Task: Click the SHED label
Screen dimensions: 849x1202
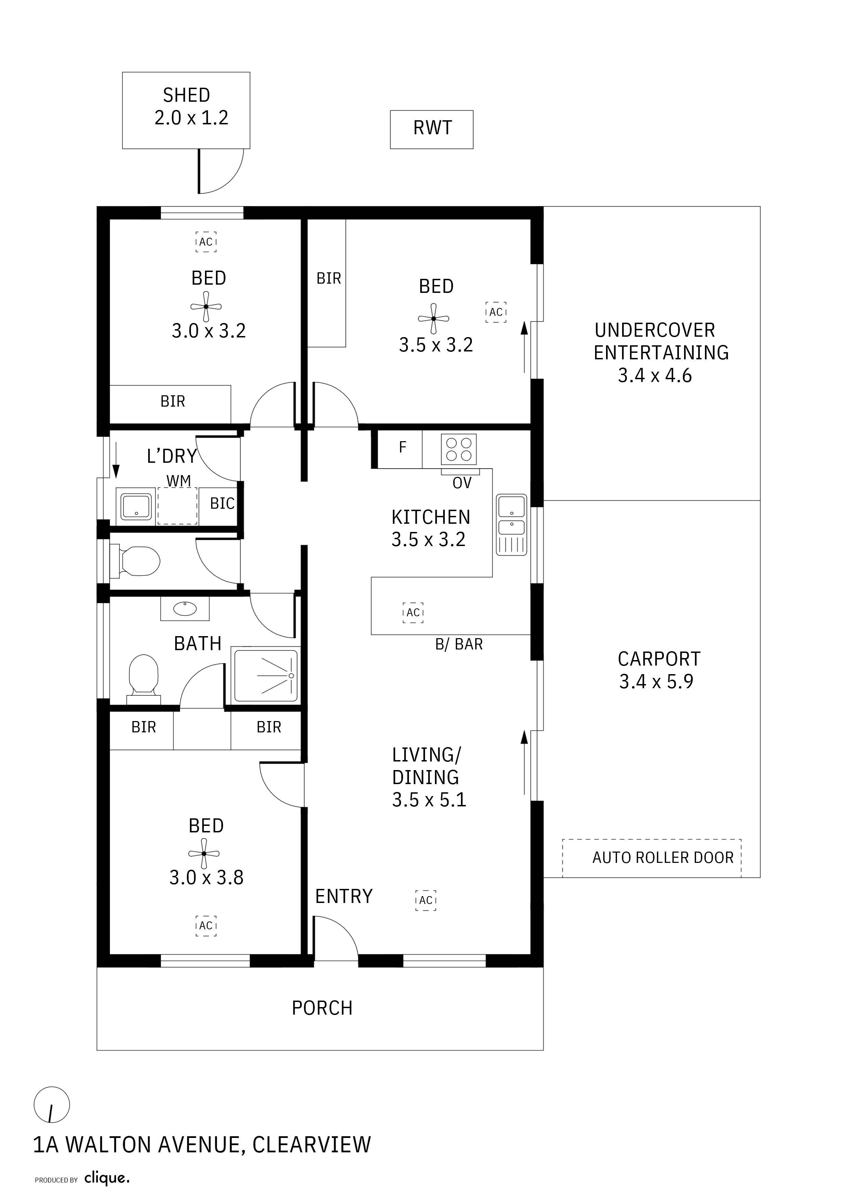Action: tap(186, 95)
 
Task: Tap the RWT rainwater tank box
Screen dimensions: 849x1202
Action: tap(432, 129)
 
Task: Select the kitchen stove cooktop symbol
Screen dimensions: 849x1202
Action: tap(459, 449)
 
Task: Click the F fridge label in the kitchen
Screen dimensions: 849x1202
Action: tap(402, 447)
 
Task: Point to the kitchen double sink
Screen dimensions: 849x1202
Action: tap(511, 524)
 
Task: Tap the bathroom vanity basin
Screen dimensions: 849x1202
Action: tap(185, 608)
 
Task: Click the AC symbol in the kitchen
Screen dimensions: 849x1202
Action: tap(413, 612)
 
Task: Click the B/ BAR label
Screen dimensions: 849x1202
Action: tap(459, 644)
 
